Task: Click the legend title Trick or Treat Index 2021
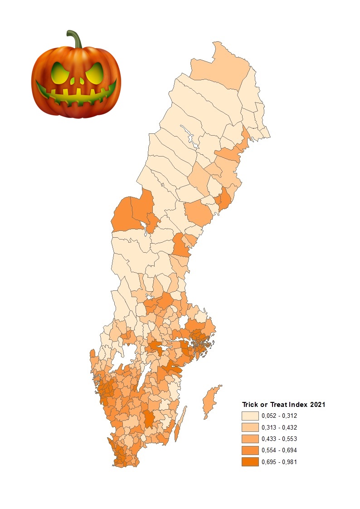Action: tap(283, 405)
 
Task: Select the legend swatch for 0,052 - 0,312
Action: tap(250, 416)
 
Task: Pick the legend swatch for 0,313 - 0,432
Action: tap(250, 427)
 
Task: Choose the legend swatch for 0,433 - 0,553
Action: tap(250, 439)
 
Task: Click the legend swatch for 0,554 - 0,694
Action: tap(250, 450)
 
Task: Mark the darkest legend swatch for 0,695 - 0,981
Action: tap(250, 462)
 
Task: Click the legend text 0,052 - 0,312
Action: tap(279, 416)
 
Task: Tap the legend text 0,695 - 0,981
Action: tap(279, 462)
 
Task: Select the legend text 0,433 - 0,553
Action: tap(279, 439)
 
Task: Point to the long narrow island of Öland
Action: tap(180, 425)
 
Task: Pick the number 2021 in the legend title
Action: tap(317, 405)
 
